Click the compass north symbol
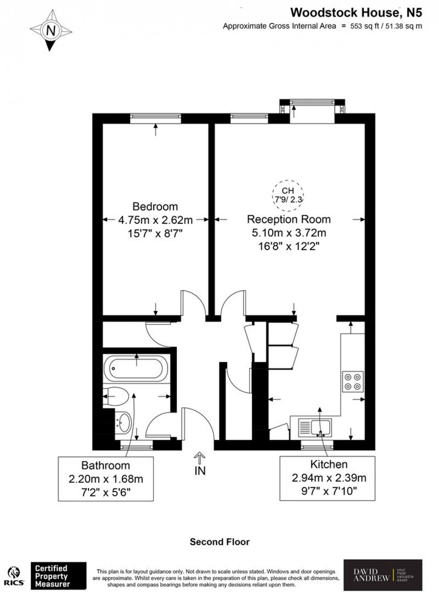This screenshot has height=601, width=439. [x=51, y=30]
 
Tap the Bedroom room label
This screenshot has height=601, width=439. [x=155, y=206]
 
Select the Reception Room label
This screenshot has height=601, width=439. [x=288, y=219]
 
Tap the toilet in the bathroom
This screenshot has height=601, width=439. [x=117, y=396]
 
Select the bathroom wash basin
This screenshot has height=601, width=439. [x=124, y=421]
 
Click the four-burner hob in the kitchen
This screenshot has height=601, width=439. [x=352, y=382]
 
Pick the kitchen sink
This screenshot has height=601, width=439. [x=315, y=427]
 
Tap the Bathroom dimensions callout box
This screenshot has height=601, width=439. [x=106, y=479]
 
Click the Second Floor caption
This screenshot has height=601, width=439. [x=219, y=542]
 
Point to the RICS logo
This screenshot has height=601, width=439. [x=14, y=576]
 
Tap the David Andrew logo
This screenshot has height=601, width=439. [x=383, y=575]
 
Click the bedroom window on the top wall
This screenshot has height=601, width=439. [x=155, y=118]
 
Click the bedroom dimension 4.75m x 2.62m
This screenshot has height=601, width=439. [x=155, y=220]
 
